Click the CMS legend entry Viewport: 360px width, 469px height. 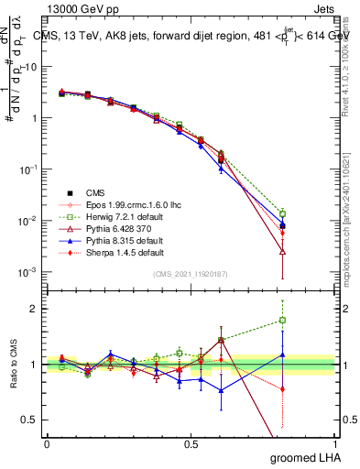click(x=95, y=192)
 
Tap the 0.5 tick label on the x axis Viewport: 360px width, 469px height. click(x=191, y=443)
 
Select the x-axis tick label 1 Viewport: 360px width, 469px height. click(x=335, y=443)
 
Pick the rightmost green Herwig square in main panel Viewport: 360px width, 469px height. click(x=283, y=213)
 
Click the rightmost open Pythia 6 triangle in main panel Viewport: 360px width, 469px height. click(x=283, y=251)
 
